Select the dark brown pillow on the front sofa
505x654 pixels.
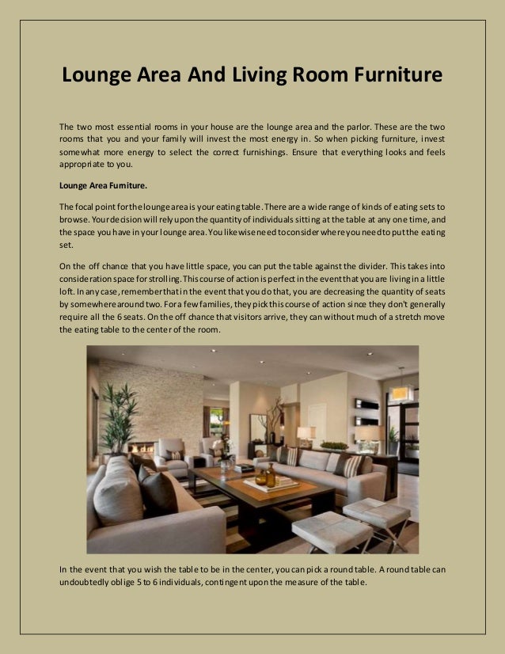click(158, 492)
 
